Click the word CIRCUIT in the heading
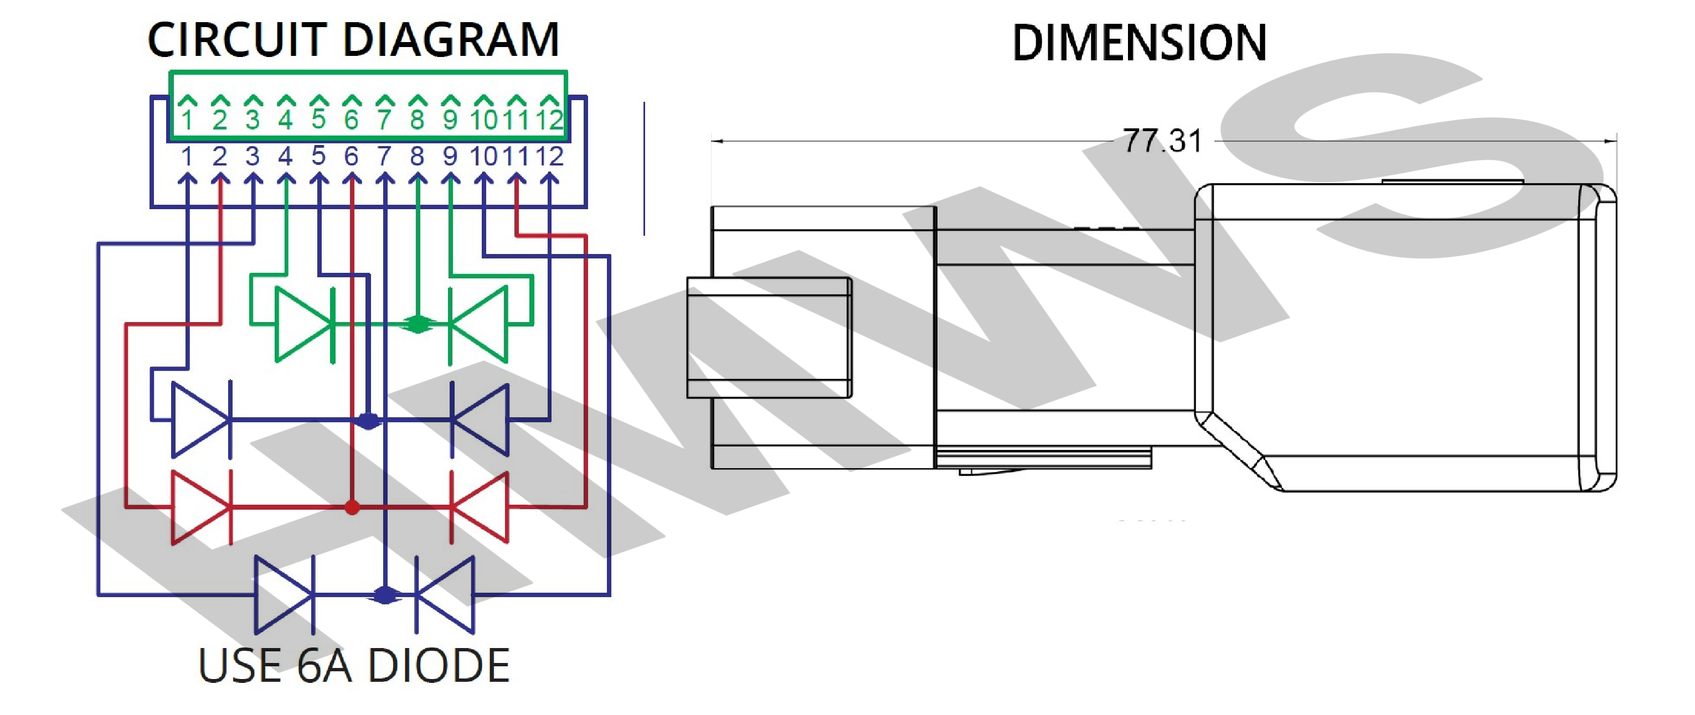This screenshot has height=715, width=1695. click(x=238, y=39)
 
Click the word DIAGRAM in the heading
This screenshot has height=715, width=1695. click(x=451, y=39)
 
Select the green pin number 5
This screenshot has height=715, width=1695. click(x=318, y=119)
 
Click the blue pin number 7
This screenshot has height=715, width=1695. click(x=384, y=157)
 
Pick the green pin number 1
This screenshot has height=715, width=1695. click(x=188, y=120)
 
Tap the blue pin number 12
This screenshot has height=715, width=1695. click(x=549, y=157)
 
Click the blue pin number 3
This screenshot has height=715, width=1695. click(x=253, y=157)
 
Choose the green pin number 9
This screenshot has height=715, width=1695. click(x=450, y=120)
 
